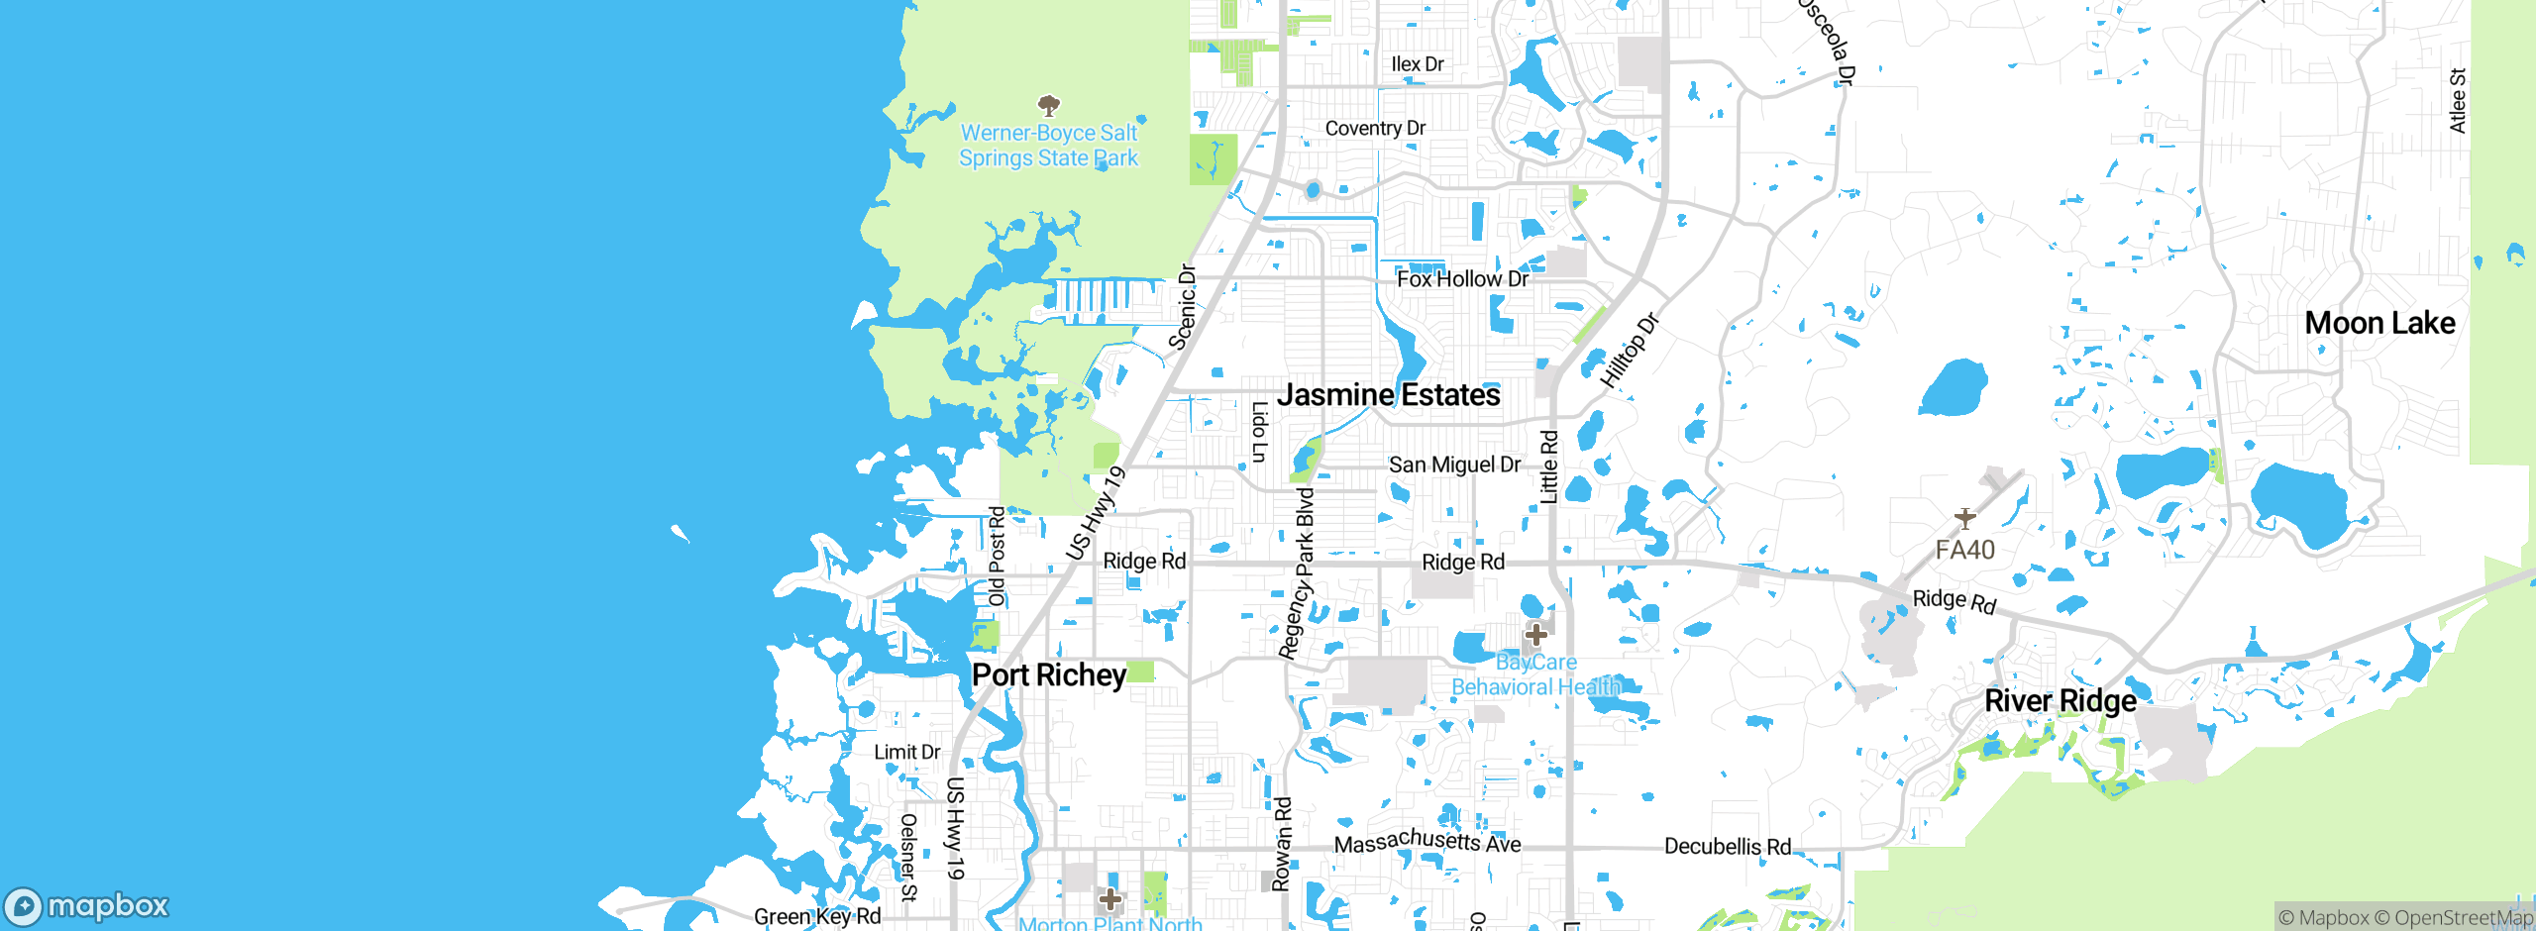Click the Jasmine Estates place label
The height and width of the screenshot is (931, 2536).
pyautogui.click(x=1388, y=395)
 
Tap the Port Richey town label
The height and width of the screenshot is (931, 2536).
pyautogui.click(x=1049, y=675)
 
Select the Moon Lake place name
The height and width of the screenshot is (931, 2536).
pyautogui.click(x=2379, y=323)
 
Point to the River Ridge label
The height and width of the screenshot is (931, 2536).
pyautogui.click(x=2060, y=701)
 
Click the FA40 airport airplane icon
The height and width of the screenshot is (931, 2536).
pyautogui.click(x=1965, y=518)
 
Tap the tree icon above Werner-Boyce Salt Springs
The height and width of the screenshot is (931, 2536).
pyautogui.click(x=1049, y=105)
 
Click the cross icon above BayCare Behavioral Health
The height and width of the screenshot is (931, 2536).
pyautogui.click(x=1536, y=634)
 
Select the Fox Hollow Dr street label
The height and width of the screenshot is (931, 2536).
pyautogui.click(x=1462, y=279)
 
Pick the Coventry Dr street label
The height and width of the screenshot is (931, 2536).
pyautogui.click(x=1375, y=129)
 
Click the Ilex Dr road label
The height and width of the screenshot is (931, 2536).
pyautogui.click(x=1418, y=64)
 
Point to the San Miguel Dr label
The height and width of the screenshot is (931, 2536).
pyautogui.click(x=1454, y=465)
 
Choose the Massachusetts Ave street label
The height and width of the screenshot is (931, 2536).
pyautogui.click(x=1427, y=842)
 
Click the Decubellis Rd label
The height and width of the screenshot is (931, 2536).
pyautogui.click(x=1728, y=847)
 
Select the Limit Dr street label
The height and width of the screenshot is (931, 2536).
pyautogui.click(x=906, y=753)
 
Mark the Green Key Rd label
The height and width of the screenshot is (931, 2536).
pyautogui.click(x=817, y=917)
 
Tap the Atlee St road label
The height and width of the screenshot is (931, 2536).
pyautogui.click(x=2458, y=100)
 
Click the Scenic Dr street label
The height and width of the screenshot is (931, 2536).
pyautogui.click(x=1183, y=307)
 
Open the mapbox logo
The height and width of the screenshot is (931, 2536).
pyautogui.click(x=87, y=906)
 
